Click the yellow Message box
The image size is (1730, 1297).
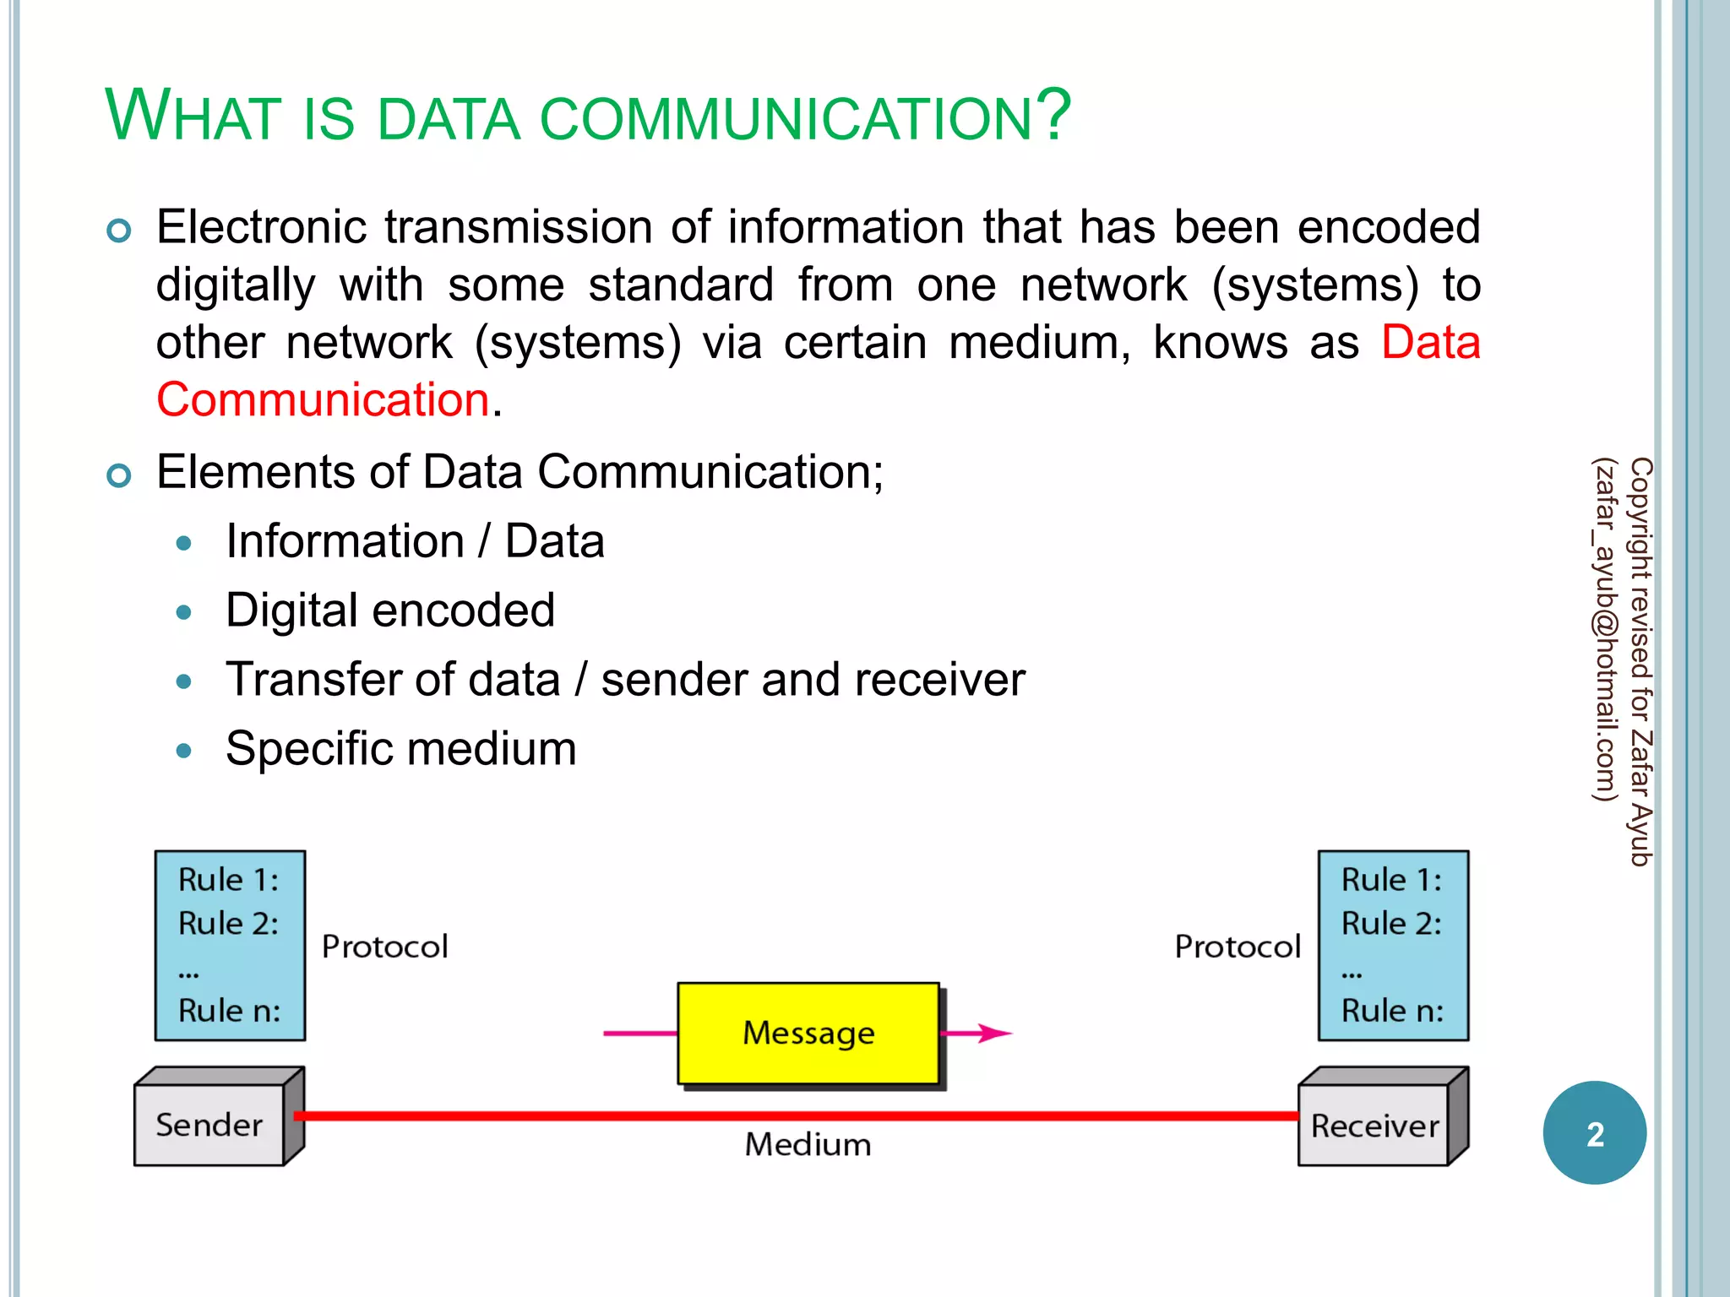coord(808,1033)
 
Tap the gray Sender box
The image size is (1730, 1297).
coord(209,1125)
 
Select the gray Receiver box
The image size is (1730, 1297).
coord(1374,1126)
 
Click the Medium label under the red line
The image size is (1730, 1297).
coord(808,1145)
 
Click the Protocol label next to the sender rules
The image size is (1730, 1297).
coord(384,947)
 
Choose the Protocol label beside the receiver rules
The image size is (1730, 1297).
coord(1238,947)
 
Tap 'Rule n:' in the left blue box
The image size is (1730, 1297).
coord(229,1011)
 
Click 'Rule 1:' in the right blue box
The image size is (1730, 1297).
coord(1391,880)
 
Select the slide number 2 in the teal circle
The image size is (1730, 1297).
coord(1594,1134)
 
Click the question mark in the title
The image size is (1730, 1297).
coord(1053,115)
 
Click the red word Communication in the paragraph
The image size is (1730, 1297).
coord(323,399)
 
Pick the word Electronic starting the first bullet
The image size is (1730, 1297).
coord(261,227)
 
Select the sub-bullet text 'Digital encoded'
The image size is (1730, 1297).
coord(390,611)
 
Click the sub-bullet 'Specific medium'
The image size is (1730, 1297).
coord(400,749)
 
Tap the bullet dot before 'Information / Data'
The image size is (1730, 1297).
coord(183,543)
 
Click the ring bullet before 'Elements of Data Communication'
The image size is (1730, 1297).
coord(119,475)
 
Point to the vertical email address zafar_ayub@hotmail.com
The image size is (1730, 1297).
coord(1604,629)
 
